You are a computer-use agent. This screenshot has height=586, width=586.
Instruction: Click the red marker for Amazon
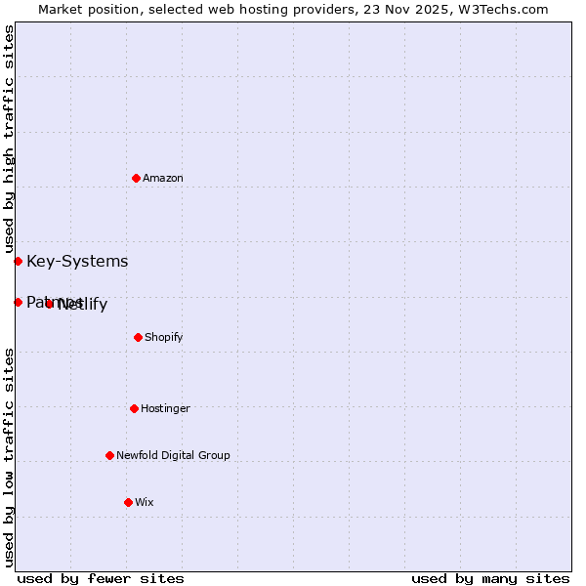136,178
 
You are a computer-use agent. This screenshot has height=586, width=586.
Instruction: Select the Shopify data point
138,337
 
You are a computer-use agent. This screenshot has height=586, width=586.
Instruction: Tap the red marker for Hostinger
134,408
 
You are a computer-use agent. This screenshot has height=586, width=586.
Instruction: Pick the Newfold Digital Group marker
109,455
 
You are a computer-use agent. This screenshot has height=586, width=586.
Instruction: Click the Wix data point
128,502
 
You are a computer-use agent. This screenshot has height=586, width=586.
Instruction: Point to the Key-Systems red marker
18,261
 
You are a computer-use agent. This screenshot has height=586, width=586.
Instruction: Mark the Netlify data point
49,304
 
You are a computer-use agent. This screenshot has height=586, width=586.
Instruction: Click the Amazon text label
163,178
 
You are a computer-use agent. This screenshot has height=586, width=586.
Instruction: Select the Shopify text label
164,337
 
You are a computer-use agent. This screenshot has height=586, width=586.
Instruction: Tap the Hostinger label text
165,408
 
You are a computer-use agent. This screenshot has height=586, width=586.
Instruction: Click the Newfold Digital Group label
173,455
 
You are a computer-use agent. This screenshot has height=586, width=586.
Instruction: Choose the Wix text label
145,502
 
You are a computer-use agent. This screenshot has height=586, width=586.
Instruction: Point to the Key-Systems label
77,261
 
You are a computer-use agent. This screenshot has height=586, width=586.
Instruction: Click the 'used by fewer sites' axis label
101,578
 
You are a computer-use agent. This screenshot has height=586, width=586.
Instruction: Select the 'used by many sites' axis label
490,578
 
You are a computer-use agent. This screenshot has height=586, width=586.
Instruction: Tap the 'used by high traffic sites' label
9,139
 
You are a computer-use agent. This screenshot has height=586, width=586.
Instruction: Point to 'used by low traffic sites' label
9,457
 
